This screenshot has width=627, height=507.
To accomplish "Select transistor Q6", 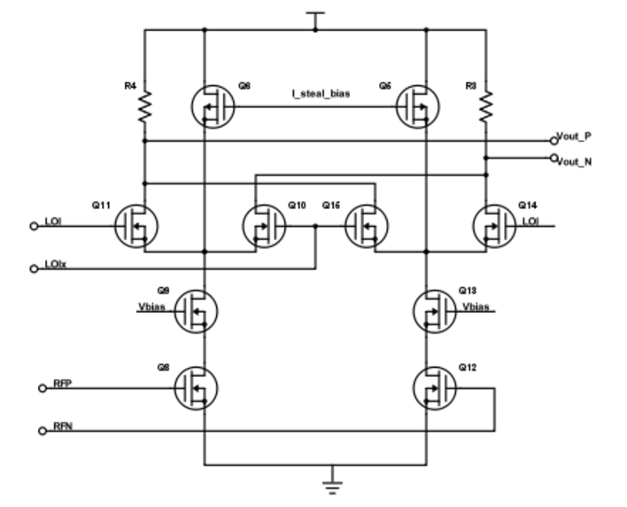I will (211, 106).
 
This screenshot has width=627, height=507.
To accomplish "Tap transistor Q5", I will (420, 106).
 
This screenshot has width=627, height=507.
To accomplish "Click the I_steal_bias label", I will (314, 92).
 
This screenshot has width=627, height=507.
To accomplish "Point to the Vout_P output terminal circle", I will (553, 140).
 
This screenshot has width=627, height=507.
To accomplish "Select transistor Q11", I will (136, 225).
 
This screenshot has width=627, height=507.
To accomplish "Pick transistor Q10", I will (263, 225).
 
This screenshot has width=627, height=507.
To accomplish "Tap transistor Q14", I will (492, 225).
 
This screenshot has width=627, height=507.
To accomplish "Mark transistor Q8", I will (197, 387).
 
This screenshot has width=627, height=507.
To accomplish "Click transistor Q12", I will (434, 387).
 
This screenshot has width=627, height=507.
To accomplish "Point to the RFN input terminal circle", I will (41, 432).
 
